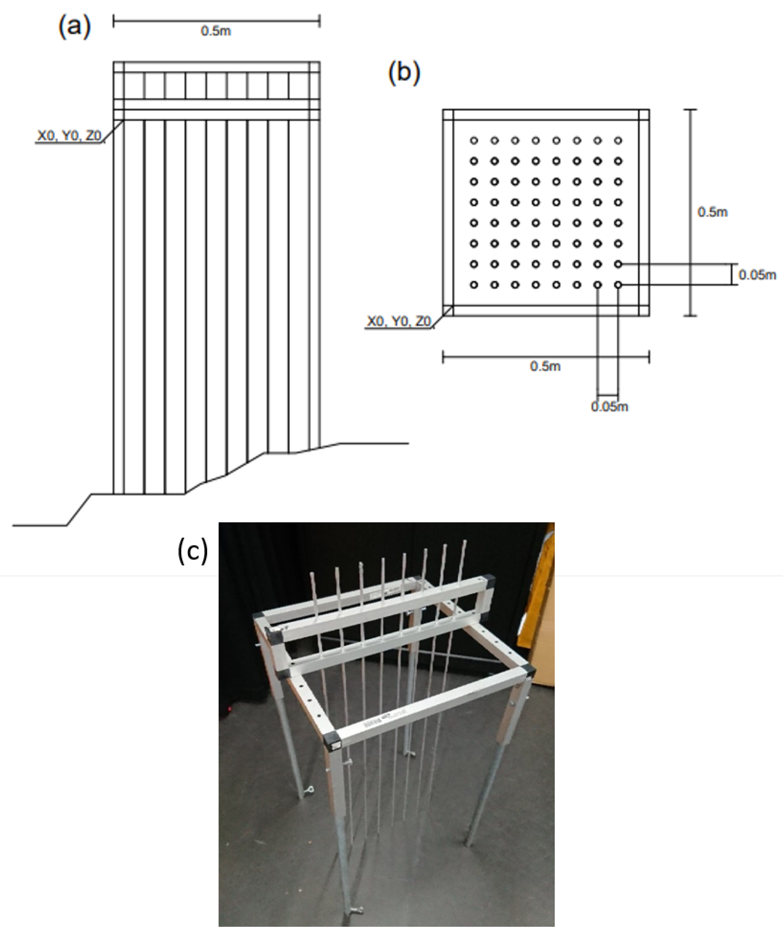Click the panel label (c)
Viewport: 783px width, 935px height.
point(192,551)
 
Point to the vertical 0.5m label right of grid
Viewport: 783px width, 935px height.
point(712,212)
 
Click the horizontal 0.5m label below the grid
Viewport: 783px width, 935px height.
point(545,366)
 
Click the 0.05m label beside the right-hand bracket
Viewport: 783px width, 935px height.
point(757,275)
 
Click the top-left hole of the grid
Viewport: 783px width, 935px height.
point(474,141)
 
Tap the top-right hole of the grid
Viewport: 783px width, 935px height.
point(618,141)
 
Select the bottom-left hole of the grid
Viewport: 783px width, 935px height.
point(474,284)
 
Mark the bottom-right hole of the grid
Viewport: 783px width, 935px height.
point(618,284)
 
